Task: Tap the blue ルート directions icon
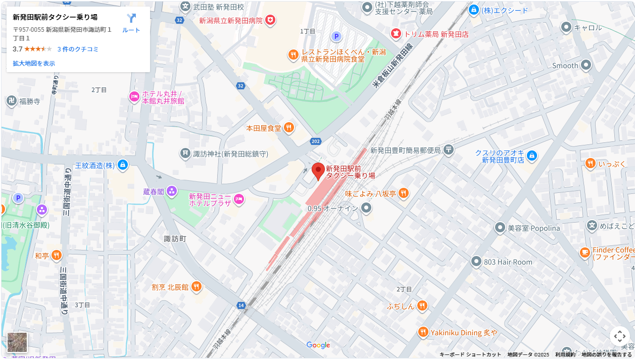coord(131,19)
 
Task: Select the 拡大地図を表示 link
coord(34,63)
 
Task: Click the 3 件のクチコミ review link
coord(78,49)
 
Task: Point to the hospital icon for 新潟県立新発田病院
coord(271,20)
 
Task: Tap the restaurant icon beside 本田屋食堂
coord(289,128)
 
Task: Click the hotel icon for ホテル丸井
coord(134,96)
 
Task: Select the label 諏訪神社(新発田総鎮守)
coord(230,153)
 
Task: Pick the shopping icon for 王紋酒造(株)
coord(123,165)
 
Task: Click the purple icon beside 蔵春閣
coord(172,191)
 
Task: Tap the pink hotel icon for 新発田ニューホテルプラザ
coord(239,199)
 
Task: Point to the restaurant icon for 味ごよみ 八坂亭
coord(403,193)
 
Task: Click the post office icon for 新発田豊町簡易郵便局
coord(449,149)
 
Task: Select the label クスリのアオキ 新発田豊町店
coord(500,156)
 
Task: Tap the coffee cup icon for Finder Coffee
coord(584,252)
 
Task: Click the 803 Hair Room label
coord(508,262)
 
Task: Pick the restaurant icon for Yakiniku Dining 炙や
coord(423,332)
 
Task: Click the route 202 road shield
coord(316,141)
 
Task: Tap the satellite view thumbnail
coord(17,342)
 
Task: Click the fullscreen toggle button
coord(619,336)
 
